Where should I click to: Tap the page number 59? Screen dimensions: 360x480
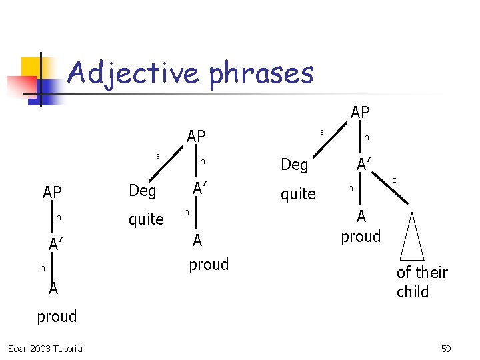pyautogui.click(x=446, y=349)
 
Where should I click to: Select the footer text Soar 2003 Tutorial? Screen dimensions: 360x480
pyautogui.click(x=46, y=349)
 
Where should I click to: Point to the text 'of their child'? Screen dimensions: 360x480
pyautogui.click(x=421, y=282)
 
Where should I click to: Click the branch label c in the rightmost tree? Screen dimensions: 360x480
pyautogui.click(x=394, y=180)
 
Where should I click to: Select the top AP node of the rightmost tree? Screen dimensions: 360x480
pyautogui.click(x=360, y=113)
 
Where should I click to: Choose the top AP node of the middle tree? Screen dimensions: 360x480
pyautogui.click(x=196, y=136)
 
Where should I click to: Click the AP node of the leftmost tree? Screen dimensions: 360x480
pyautogui.click(x=52, y=193)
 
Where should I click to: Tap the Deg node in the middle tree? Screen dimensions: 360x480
pyautogui.click(x=142, y=191)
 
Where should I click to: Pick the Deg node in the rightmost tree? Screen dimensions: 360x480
pyautogui.click(x=294, y=164)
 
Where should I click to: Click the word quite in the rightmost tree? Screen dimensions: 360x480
pyautogui.click(x=298, y=194)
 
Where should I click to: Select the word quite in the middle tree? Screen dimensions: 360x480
pyautogui.click(x=146, y=219)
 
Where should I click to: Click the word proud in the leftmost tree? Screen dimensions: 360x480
pyautogui.click(x=57, y=316)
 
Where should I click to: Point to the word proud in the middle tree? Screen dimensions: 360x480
pyautogui.click(x=209, y=264)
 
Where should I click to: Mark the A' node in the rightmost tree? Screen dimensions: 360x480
pyautogui.click(x=364, y=164)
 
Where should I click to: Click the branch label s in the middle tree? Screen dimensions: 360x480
pyautogui.click(x=158, y=155)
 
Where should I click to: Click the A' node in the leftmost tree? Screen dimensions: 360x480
pyautogui.click(x=56, y=245)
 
